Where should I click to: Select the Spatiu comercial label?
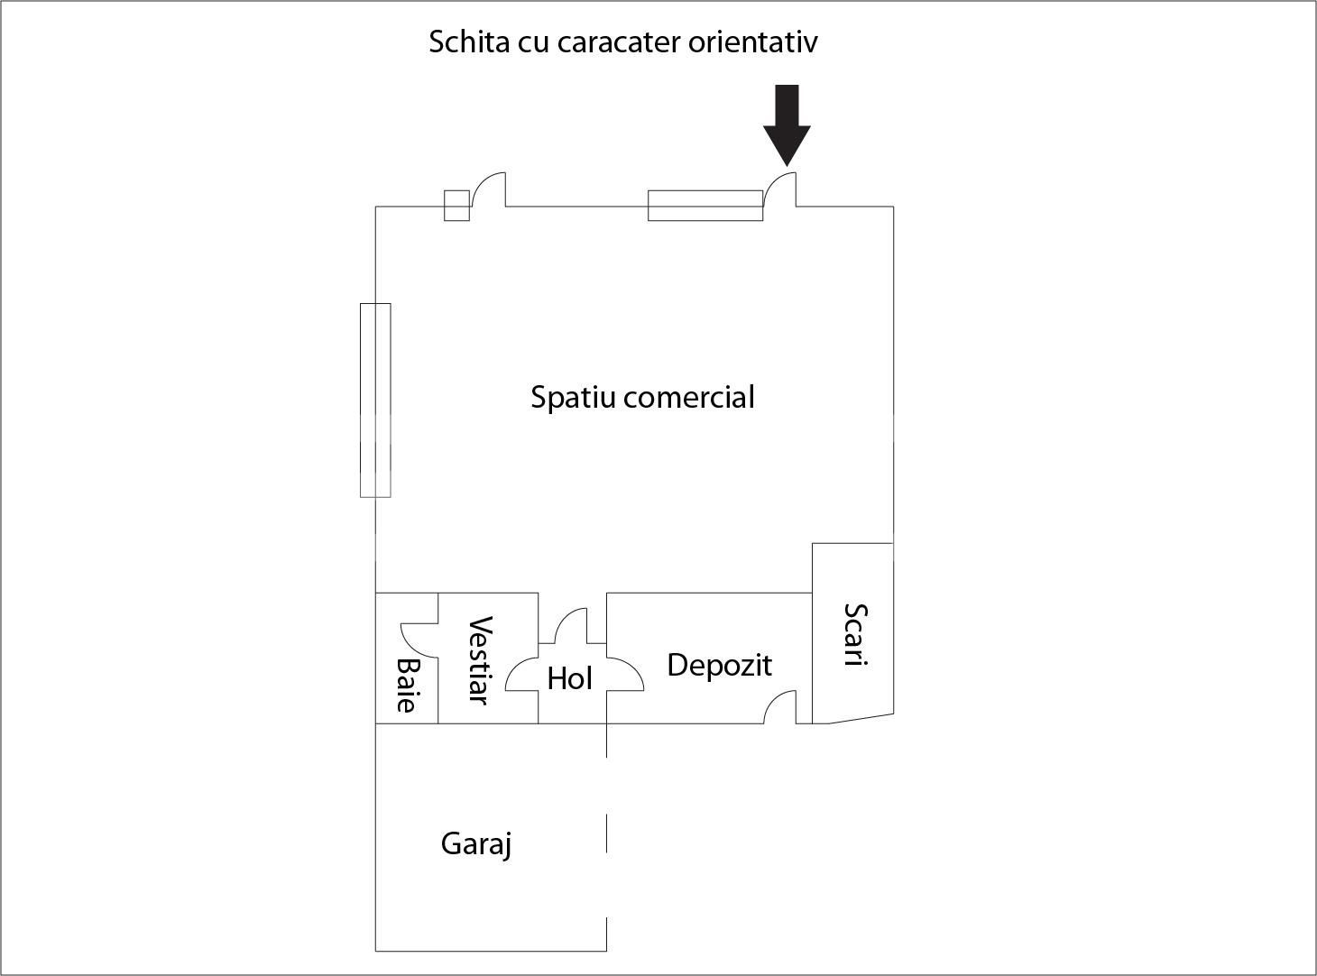(642, 397)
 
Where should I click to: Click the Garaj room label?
(476, 844)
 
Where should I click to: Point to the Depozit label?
(719, 666)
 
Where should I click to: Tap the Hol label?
(569, 678)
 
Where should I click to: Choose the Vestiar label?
(479, 660)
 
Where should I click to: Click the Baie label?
(408, 686)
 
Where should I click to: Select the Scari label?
(854, 634)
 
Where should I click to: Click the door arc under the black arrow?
(779, 189)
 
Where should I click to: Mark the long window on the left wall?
(375, 400)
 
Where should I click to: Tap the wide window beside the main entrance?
(705, 206)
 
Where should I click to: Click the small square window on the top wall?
(456, 206)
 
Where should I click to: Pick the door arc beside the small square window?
(488, 189)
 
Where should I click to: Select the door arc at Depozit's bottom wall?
(780, 707)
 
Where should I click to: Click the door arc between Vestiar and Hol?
(521, 675)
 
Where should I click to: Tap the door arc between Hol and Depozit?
(625, 675)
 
